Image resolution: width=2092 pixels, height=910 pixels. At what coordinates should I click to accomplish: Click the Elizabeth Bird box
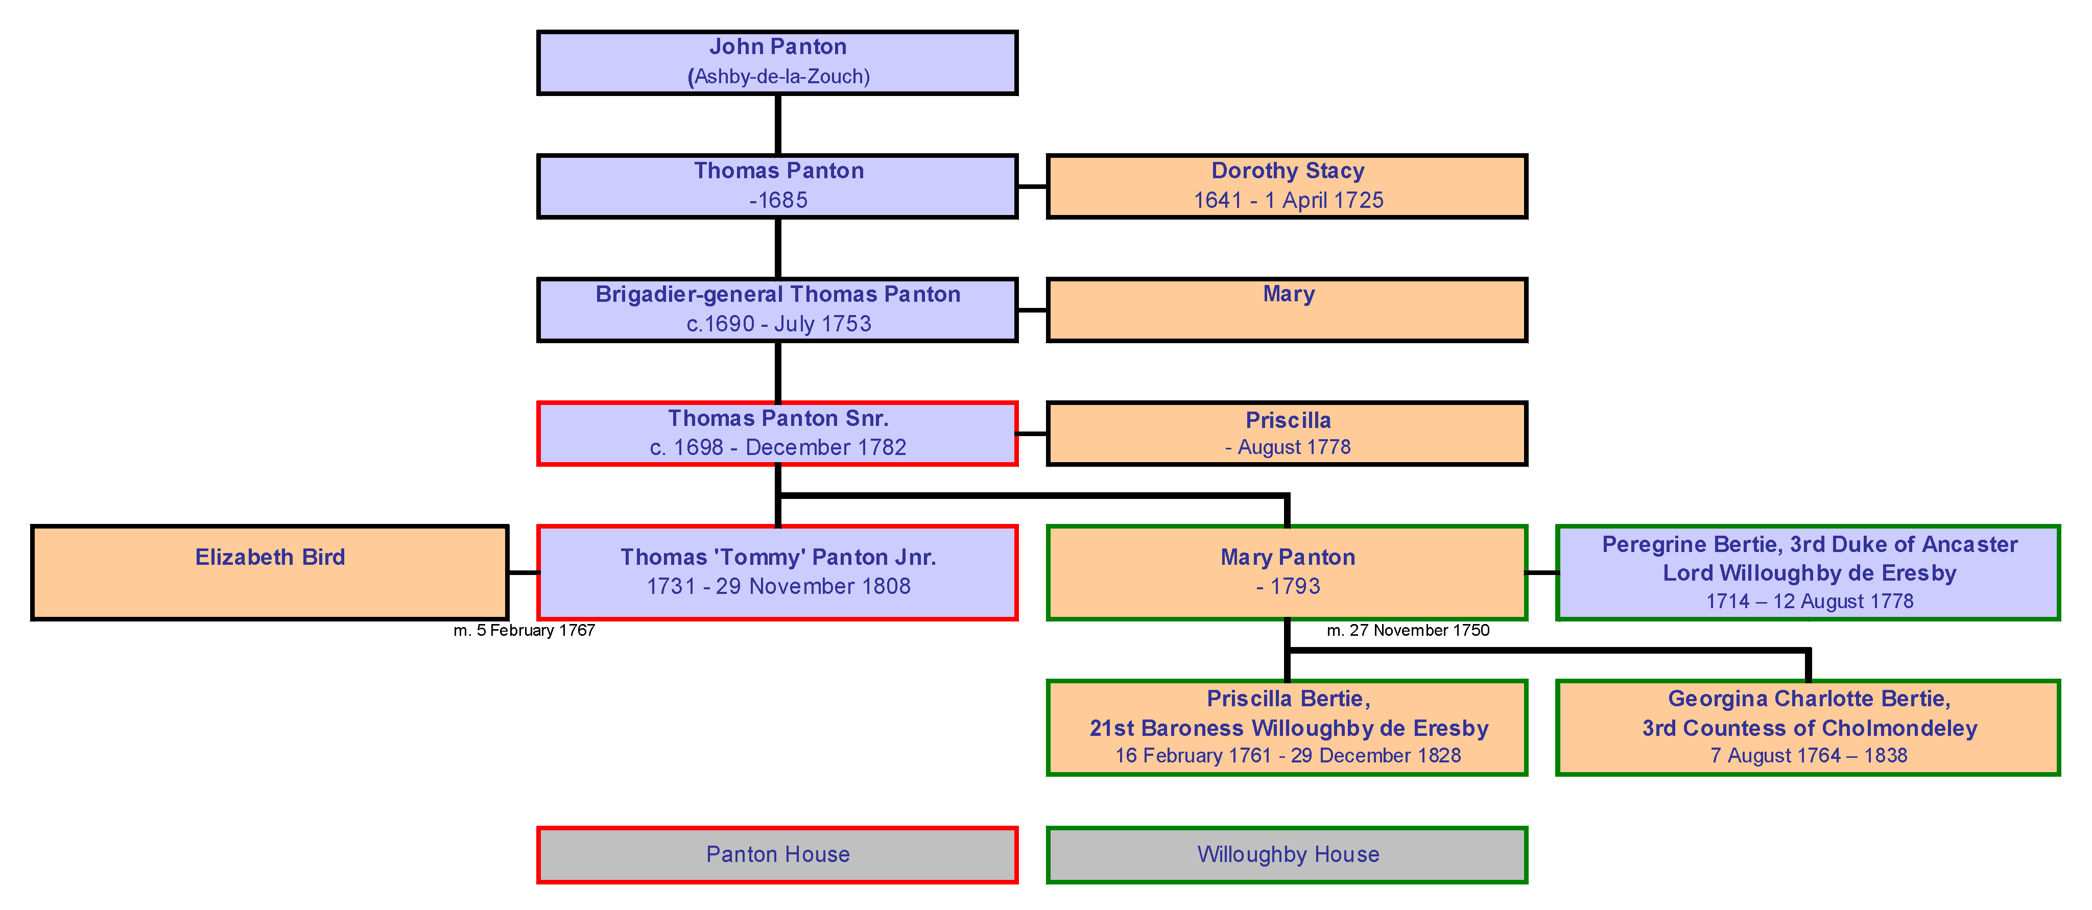point(270,572)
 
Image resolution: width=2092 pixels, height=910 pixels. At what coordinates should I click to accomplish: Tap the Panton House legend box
point(777,854)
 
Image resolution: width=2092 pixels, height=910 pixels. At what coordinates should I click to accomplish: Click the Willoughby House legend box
point(1287,854)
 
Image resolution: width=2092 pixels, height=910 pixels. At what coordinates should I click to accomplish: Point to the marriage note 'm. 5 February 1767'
point(524,631)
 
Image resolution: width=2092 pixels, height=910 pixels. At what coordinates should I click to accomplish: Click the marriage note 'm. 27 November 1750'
point(1408,631)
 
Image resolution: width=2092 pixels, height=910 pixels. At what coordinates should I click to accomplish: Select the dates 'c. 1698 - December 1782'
point(777,447)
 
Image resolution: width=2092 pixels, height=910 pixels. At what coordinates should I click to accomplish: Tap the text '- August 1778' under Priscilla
point(1287,447)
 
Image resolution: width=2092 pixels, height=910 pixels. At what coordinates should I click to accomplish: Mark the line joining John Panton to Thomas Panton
point(778,124)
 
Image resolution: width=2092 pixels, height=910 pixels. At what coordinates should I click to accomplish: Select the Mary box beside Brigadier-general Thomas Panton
point(1287,310)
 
